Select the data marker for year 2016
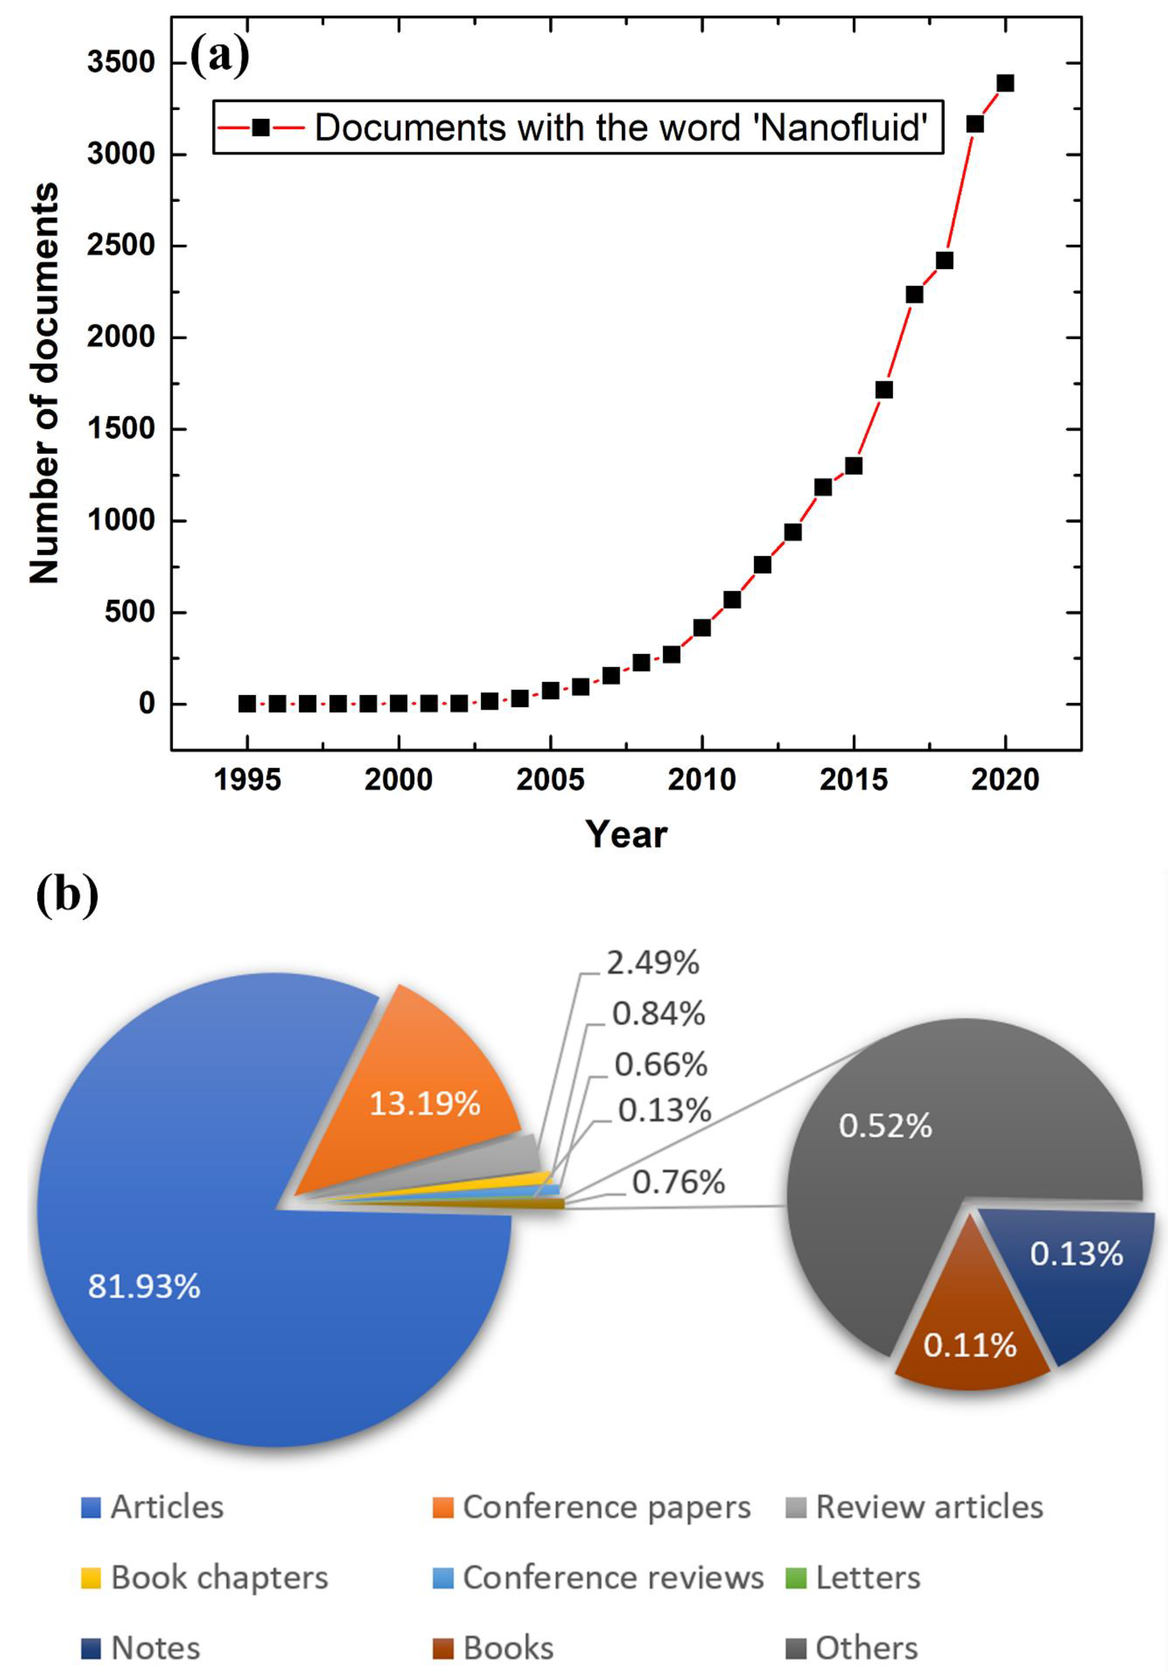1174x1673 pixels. pos(884,390)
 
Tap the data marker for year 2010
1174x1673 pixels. pos(702,627)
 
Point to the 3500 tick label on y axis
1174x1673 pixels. pos(122,63)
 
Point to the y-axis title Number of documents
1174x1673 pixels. pos(44,382)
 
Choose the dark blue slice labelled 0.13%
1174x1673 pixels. pos(1071,1275)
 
